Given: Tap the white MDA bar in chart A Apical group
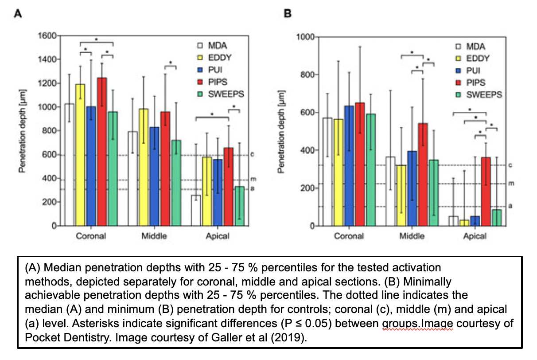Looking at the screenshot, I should (196, 210).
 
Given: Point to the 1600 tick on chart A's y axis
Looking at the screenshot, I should (49, 36).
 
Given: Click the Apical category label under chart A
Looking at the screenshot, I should (217, 236).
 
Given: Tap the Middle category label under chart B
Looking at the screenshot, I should (412, 236).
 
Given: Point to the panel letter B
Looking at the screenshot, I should (287, 14).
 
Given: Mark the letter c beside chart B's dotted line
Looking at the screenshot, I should (510, 165).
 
